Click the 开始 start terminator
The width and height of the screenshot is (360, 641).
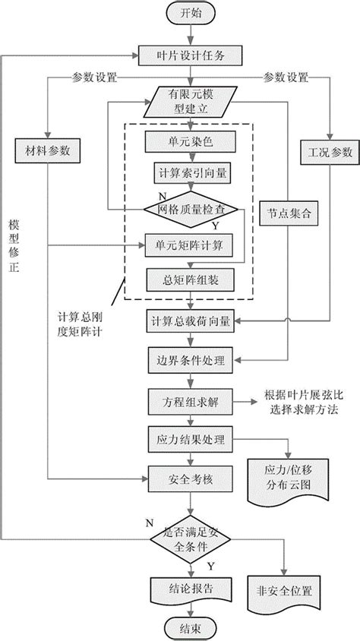pyautogui.click(x=191, y=14)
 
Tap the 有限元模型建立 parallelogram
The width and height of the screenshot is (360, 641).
pyautogui.click(x=191, y=100)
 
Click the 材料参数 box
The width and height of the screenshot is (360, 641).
pyautogui.click(x=48, y=151)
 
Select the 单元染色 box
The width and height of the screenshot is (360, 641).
pyautogui.click(x=191, y=141)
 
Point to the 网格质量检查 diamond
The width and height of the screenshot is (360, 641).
pyautogui.click(x=191, y=208)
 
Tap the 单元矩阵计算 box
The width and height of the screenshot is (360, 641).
pyautogui.click(x=191, y=244)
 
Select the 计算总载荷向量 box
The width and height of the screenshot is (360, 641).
pyautogui.click(x=191, y=320)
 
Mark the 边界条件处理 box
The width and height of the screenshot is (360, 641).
pyautogui.click(x=191, y=359)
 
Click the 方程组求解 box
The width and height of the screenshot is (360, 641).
pyautogui.click(x=191, y=400)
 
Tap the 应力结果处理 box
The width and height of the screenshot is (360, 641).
pyautogui.click(x=191, y=440)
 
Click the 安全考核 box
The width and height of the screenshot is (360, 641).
pyautogui.click(x=191, y=479)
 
